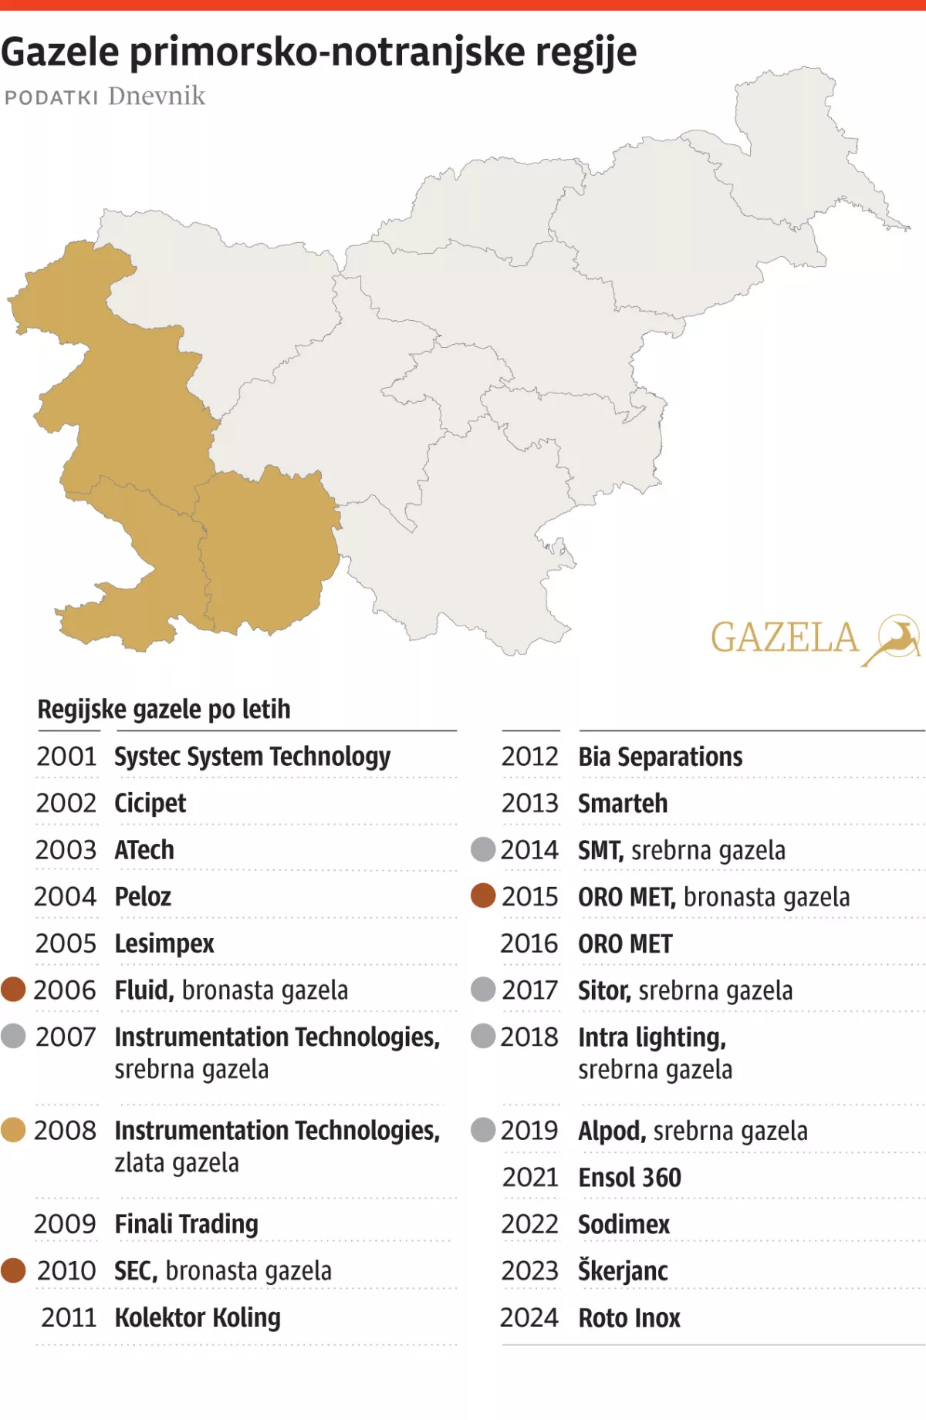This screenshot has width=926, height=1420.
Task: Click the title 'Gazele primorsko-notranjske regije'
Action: [319, 52]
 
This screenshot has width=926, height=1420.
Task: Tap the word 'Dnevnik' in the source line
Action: [157, 96]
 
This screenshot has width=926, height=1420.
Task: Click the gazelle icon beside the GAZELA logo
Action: [896, 639]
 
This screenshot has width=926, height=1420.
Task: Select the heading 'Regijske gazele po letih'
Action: [164, 709]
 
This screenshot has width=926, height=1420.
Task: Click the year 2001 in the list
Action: [66, 757]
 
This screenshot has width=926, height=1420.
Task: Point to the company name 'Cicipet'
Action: [150, 804]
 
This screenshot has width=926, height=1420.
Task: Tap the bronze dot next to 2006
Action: [13, 989]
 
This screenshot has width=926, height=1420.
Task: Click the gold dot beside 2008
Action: [13, 1130]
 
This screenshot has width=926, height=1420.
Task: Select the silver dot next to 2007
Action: [13, 1036]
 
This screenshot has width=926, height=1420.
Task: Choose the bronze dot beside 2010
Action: [13, 1270]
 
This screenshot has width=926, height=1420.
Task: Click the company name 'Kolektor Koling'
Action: [198, 1317]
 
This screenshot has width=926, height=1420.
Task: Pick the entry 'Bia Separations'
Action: [661, 757]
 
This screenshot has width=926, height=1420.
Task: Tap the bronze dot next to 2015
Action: [483, 896]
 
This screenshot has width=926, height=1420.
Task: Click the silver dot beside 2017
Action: [483, 989]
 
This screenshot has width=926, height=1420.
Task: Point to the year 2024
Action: [529, 1317]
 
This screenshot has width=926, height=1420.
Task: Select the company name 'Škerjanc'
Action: [624, 1270]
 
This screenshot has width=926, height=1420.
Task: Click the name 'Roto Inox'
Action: [630, 1318]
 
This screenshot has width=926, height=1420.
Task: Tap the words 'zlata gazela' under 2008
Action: [177, 1162]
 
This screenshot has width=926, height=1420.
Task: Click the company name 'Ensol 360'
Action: [630, 1178]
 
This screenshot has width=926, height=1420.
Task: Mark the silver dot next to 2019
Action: [483, 1130]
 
